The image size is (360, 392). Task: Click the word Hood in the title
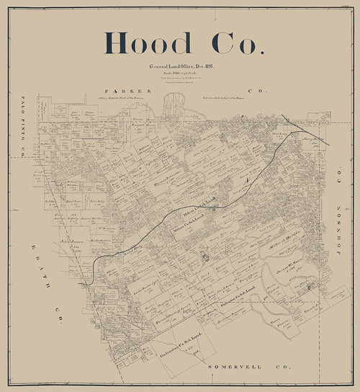142,44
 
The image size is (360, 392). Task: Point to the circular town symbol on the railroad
215,210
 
